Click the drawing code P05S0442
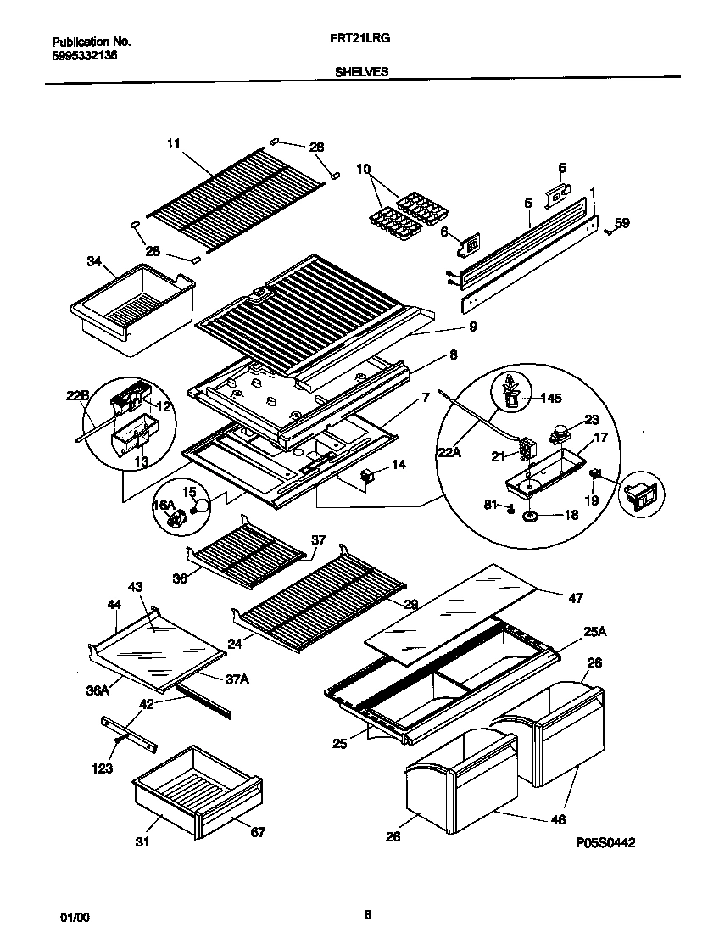click(605, 842)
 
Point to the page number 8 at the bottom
click(367, 914)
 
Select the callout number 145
click(552, 398)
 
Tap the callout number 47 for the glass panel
click(576, 598)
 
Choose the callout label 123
click(104, 769)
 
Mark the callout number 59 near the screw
click(622, 224)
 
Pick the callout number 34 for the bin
click(93, 261)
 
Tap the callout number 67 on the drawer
click(258, 832)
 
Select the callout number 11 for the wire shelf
click(173, 144)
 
